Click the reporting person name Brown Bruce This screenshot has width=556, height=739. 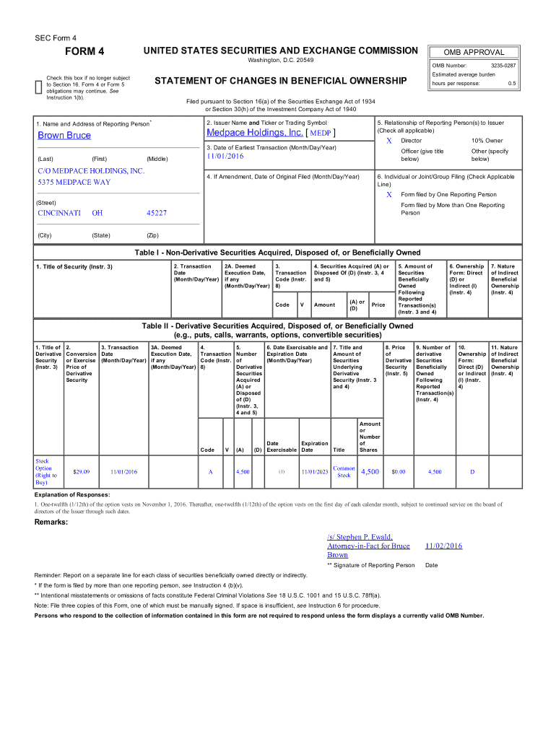[x=64, y=136]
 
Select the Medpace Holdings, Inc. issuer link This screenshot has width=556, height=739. [x=254, y=133]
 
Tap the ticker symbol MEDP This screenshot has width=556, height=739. [x=320, y=134]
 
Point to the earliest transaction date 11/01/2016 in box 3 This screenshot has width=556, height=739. [x=226, y=156]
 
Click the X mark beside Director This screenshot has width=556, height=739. [x=389, y=141]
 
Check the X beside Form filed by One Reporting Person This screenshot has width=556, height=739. [x=389, y=195]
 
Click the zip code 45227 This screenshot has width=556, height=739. [x=157, y=213]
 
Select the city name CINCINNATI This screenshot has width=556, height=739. [x=59, y=213]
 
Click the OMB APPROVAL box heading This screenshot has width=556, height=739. [x=474, y=52]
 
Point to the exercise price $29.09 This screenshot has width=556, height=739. [x=82, y=472]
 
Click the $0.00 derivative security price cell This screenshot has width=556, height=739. [x=398, y=472]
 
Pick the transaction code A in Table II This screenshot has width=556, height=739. [x=210, y=472]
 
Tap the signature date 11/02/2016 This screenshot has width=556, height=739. [x=443, y=546]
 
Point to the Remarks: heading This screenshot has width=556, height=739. [x=51, y=521]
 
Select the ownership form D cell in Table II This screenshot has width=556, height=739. [x=472, y=472]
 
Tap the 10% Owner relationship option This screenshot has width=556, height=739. [x=487, y=141]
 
